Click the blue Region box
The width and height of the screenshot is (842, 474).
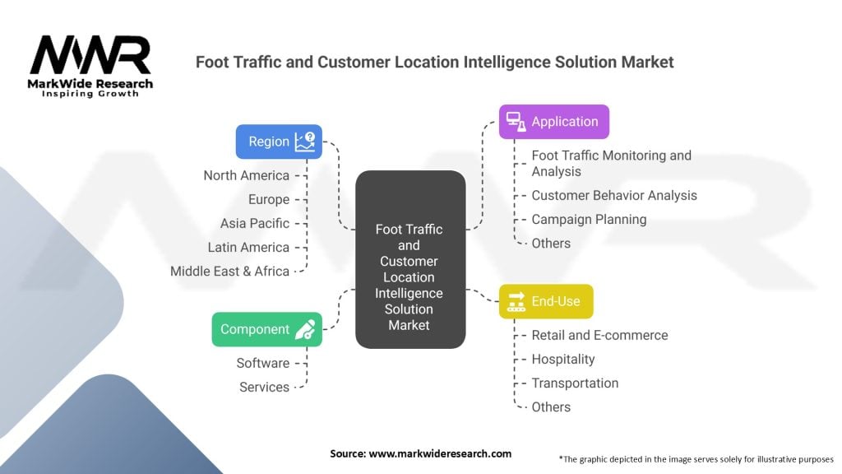click(279, 142)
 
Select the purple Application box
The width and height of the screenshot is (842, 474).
click(553, 122)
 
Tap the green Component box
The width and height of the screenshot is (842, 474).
click(266, 329)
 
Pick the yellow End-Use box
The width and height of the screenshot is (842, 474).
click(546, 301)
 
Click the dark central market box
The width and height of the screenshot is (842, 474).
click(409, 258)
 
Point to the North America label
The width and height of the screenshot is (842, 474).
click(247, 175)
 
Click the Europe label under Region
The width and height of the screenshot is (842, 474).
click(269, 199)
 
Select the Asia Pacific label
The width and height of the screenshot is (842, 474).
click(255, 223)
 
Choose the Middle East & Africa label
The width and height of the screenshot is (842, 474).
click(230, 271)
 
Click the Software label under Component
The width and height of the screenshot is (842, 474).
click(263, 363)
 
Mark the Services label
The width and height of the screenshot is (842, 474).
click(264, 387)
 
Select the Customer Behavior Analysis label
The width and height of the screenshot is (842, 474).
click(614, 195)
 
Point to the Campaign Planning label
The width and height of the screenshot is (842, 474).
click(589, 219)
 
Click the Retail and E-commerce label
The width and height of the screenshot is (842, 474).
click(599, 335)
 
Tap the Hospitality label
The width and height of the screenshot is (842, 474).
click(563, 359)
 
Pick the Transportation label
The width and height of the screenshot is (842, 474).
click(575, 383)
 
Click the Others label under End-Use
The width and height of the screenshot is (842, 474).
click(551, 407)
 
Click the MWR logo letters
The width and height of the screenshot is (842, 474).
click(90, 56)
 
